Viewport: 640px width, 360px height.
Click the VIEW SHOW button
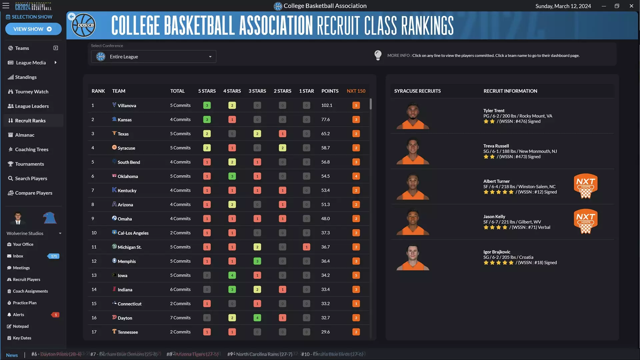pyautogui.click(x=33, y=29)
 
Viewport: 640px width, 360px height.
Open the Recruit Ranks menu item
pyautogui.click(x=30, y=121)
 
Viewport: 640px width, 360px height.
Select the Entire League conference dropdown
pyautogui.click(x=154, y=57)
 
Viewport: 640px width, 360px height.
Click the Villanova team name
pyautogui.click(x=127, y=106)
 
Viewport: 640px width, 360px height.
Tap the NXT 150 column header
pyautogui.click(x=356, y=91)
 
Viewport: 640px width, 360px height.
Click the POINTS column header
pyautogui.click(x=330, y=91)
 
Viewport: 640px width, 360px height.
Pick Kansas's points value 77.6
pyautogui.click(x=325, y=120)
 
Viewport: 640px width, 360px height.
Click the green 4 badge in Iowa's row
pyautogui.click(x=232, y=275)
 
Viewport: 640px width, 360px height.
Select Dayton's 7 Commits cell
pyautogui.click(x=180, y=318)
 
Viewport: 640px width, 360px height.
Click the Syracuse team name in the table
pyautogui.click(x=126, y=148)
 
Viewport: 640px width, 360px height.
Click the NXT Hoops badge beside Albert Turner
pyautogui.click(x=585, y=186)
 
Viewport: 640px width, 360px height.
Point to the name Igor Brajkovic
pyautogui.click(x=497, y=252)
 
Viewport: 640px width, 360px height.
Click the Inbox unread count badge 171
pyautogui.click(x=54, y=256)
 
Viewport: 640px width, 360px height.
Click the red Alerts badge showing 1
pyautogui.click(x=56, y=315)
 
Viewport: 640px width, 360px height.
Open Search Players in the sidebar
pyautogui.click(x=31, y=179)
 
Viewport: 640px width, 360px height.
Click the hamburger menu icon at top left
pyautogui.click(x=6, y=6)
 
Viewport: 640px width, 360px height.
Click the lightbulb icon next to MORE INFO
pyautogui.click(x=378, y=55)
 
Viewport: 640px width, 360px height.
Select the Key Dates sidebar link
pyautogui.click(x=22, y=338)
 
